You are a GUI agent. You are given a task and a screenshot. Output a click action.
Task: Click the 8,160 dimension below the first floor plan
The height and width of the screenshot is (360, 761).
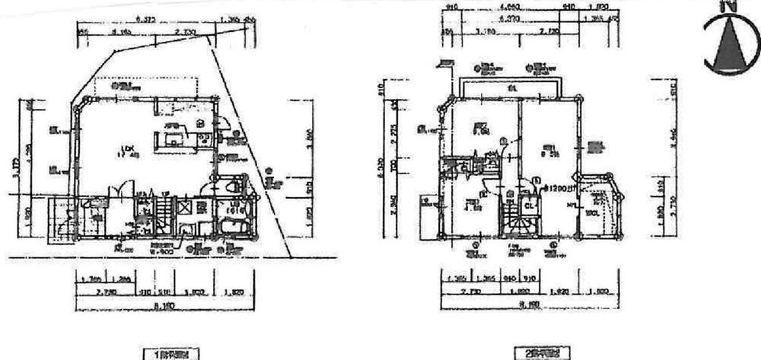[164, 304]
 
